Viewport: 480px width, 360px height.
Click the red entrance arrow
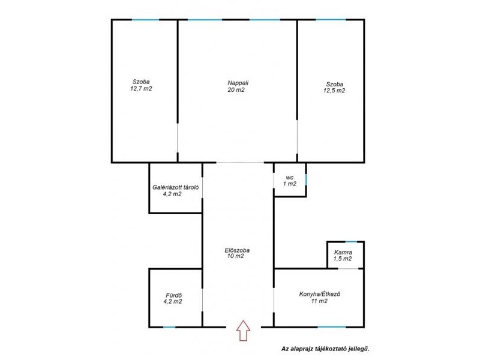[x=243, y=331]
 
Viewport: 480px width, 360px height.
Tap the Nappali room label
[x=238, y=83]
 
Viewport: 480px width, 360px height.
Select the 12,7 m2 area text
[x=141, y=89]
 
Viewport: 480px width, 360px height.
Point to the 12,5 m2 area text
[x=334, y=91]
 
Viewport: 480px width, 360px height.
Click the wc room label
[x=290, y=178]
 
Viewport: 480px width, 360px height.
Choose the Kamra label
[x=343, y=253]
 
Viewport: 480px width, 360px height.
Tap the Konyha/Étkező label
[x=320, y=295]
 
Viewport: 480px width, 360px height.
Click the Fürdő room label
[x=174, y=295]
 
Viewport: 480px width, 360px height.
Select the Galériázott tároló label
[x=176, y=187]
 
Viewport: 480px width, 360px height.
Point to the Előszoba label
[x=237, y=250]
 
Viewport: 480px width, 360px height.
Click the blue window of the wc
[x=306, y=179]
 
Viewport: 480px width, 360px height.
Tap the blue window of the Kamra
[x=351, y=242]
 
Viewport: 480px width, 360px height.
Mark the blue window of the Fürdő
[x=169, y=327]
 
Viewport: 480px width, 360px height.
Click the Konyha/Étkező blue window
[x=332, y=327]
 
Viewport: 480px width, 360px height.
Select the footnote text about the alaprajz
[x=325, y=349]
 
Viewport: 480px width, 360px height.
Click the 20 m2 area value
[x=236, y=90]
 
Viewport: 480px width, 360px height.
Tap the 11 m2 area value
[x=319, y=301]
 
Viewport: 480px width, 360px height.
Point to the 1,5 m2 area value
[x=343, y=259]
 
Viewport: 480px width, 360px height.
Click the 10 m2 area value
[x=235, y=256]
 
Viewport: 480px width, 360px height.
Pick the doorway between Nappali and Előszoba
[x=241, y=162]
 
